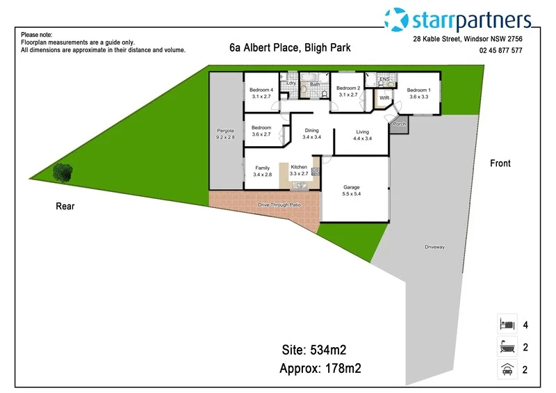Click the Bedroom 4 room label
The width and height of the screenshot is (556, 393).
coord(261,90)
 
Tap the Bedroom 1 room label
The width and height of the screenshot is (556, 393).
coord(419,90)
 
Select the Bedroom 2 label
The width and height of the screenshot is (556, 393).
coord(348,88)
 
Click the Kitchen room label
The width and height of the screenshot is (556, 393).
coord(299,167)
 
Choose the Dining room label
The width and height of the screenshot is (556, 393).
coord(311,131)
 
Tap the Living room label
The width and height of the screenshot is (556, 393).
coord(363,131)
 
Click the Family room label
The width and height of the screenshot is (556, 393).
coord(262,168)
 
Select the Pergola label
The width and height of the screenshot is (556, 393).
coord(225,131)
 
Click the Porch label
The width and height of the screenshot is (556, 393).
coord(399,124)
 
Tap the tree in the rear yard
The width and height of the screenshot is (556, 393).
coord(63,172)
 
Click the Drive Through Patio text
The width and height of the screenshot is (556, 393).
coord(279,205)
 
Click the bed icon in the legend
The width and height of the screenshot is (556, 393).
coord(507,324)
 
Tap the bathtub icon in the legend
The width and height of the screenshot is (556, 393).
coord(507,347)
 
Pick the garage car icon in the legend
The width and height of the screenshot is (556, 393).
coord(507,370)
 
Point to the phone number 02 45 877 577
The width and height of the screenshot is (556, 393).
coord(500,51)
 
